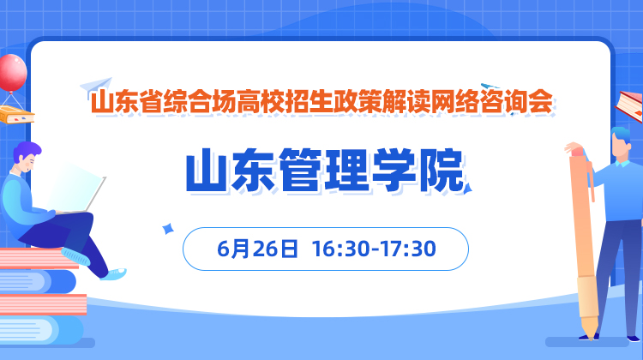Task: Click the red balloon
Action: coord(12,73)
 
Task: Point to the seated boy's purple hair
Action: coord(27,151)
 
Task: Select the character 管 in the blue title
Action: coord(301,171)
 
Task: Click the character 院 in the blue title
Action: coord(442,171)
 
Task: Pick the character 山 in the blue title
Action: coord(207,171)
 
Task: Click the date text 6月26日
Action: coord(257,249)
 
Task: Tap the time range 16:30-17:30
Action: coord(374,249)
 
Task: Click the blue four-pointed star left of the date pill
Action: coord(168,228)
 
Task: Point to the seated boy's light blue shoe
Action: coord(116,273)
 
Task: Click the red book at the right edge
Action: coord(630,105)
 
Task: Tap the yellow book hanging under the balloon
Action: coord(16,115)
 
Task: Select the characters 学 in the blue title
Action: coord(394,171)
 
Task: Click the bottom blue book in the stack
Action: coord(41,330)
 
